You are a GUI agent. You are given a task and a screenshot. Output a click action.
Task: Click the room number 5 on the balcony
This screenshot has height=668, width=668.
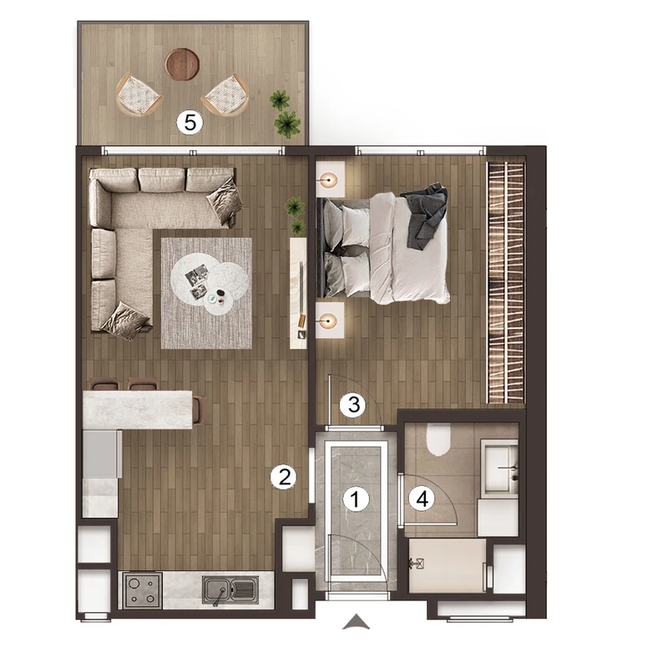[190, 123]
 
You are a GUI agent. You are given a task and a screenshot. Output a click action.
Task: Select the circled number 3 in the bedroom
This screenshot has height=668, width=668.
[353, 404]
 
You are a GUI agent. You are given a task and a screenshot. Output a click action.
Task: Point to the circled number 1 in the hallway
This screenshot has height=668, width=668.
[356, 498]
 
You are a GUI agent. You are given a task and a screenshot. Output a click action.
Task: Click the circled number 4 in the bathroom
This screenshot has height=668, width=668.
[422, 498]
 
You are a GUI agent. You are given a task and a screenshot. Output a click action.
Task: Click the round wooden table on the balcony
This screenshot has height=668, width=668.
[182, 64]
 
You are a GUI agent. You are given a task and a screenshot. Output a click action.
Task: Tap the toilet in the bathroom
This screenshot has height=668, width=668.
[438, 439]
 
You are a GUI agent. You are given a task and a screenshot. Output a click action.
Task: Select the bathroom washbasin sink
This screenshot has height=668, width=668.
[499, 468]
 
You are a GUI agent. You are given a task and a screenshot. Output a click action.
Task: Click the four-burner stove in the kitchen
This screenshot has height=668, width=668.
[142, 590]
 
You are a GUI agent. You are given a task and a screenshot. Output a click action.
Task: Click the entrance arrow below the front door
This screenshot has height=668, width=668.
[357, 621]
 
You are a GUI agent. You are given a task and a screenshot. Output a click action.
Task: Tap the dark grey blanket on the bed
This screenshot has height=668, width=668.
[424, 215]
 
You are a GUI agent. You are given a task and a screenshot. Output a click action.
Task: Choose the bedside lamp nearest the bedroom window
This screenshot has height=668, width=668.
[328, 180]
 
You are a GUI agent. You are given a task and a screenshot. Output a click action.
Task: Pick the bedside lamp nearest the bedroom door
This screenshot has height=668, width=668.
[328, 321]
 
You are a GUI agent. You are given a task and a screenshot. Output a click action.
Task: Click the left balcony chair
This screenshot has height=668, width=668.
[138, 95]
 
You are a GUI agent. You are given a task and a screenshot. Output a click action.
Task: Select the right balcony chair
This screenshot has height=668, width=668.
[225, 94]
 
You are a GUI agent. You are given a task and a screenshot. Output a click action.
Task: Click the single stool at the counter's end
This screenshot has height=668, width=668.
[200, 410]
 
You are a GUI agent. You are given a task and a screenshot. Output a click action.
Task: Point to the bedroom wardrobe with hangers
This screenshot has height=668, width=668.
[506, 282]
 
